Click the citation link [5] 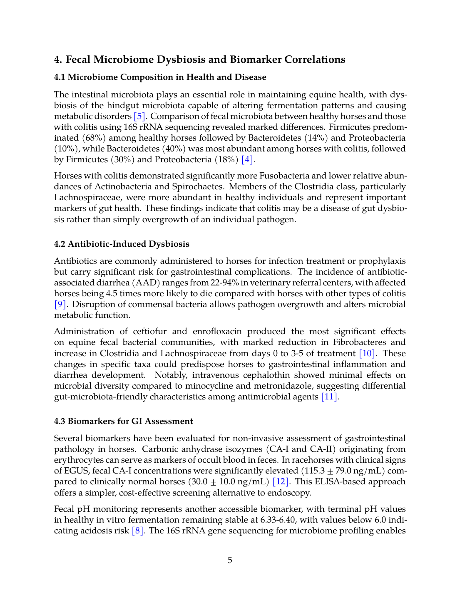(x=139, y=117)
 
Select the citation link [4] (x=247, y=160)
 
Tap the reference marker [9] (x=60, y=305)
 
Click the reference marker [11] (x=329, y=397)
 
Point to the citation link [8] (x=137, y=531)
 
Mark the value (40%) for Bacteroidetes (x=174, y=149)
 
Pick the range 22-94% (x=225, y=283)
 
